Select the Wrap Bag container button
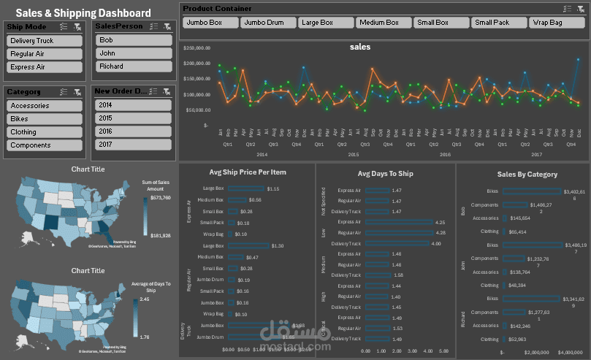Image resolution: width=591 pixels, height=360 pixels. (557, 23)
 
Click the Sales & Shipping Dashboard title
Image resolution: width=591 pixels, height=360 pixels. (83, 13)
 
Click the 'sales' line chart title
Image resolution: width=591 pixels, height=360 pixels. (360, 47)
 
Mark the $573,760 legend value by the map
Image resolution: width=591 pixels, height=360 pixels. (160, 197)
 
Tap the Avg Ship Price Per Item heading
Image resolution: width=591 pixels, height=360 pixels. (248, 172)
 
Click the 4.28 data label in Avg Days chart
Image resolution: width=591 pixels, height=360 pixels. (440, 233)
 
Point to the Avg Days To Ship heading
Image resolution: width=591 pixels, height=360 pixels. (385, 174)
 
